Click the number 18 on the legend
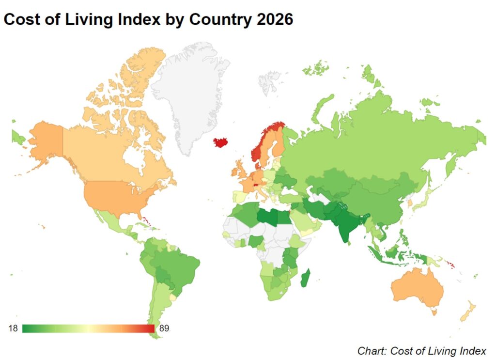(13, 329)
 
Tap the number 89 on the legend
(164, 329)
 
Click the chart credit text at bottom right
(421, 350)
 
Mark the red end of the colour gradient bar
(151, 329)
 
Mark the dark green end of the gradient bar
(26, 329)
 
